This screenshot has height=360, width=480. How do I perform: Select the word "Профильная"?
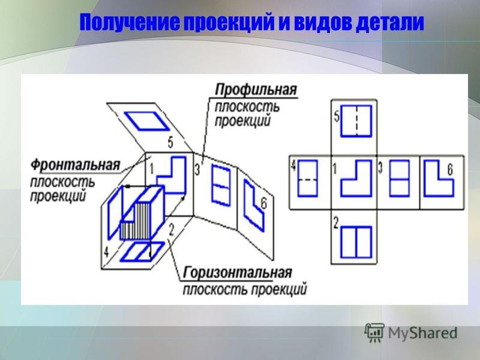pyautogui.click(x=256, y=90)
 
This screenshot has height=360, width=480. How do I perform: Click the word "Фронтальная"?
pyautogui.click(x=76, y=165)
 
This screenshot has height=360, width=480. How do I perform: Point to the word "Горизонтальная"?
pyautogui.click(x=237, y=272)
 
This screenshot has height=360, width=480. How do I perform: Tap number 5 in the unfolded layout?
pyautogui.click(x=337, y=116)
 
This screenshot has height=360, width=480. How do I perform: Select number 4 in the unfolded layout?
pyautogui.click(x=293, y=166)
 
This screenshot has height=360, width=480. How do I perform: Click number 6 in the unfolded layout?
pyautogui.click(x=449, y=170)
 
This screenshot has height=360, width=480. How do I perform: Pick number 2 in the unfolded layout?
pyautogui.click(x=336, y=223)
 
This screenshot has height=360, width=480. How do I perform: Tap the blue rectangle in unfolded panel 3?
pyautogui.click(x=399, y=178)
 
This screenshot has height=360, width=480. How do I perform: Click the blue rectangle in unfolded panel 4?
pyautogui.click(x=308, y=178)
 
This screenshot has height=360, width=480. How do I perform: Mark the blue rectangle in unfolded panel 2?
pyautogui.click(x=356, y=242)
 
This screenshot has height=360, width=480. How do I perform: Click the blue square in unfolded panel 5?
pyautogui.click(x=356, y=121)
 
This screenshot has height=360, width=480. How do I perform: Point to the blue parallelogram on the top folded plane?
pyautogui.click(x=146, y=121)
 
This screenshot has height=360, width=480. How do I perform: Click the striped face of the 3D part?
pyautogui.click(x=136, y=221)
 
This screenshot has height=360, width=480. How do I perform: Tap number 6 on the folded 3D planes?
pyautogui.click(x=263, y=203)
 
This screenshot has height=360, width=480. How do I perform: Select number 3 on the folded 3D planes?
pyautogui.click(x=197, y=169)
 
